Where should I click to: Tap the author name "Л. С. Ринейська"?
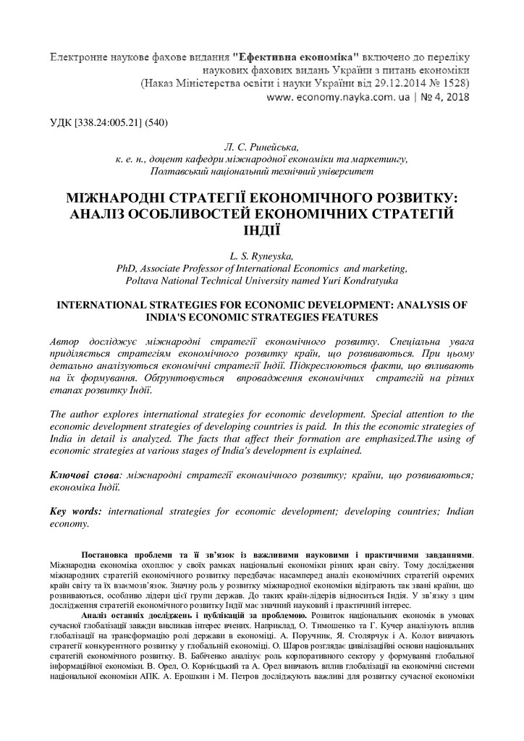tap(261, 147)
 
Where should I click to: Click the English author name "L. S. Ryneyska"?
tap(261, 255)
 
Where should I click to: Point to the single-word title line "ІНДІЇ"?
tap(261, 231)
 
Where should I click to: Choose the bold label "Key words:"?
tap(75, 512)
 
